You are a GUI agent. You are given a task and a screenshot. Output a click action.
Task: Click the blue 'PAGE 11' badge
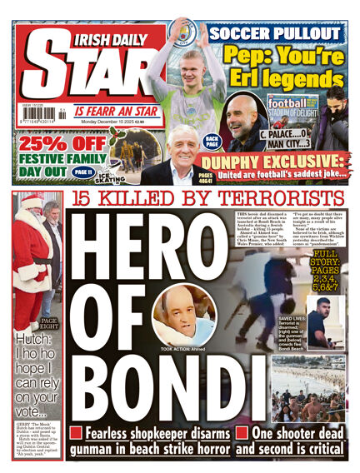coord(82,172)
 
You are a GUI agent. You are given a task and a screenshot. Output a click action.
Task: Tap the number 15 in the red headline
coord(87,199)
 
